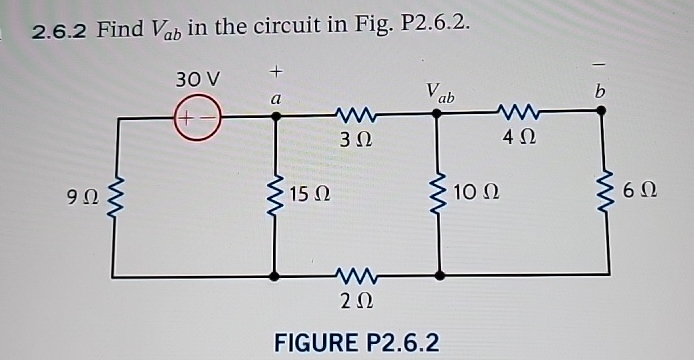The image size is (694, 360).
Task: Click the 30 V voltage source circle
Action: (198, 116)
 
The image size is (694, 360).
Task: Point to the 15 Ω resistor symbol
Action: (276, 193)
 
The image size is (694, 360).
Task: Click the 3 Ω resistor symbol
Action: (357, 115)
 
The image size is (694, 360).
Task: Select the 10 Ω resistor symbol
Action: (437, 193)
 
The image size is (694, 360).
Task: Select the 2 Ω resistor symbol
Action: (357, 273)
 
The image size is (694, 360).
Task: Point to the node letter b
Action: (600, 92)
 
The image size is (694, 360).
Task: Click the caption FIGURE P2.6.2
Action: (357, 342)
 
